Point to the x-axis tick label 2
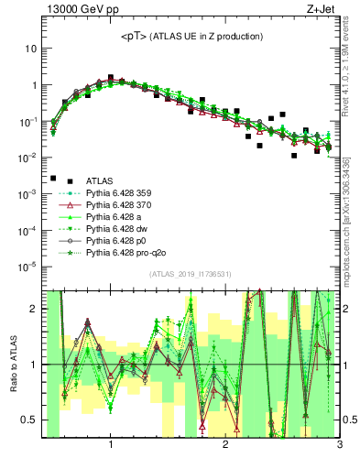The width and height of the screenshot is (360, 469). pyautogui.click(x=225, y=445)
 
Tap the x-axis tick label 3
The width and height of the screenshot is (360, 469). pyautogui.click(x=340, y=445)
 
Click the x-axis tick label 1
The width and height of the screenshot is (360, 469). pyautogui.click(x=110, y=445)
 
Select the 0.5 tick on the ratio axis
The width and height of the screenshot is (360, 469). pyautogui.click(x=28, y=420)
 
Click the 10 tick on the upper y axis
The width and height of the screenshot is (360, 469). pyautogui.click(x=29, y=48)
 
